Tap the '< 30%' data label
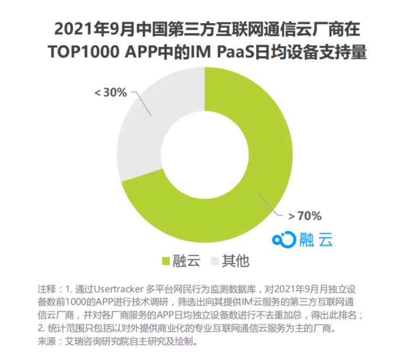pos(111,93)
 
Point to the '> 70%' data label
pos(305,215)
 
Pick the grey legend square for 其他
pos(214,260)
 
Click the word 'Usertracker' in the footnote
pos(115,289)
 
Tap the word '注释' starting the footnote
pos(46,289)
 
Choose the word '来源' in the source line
pos(46,342)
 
